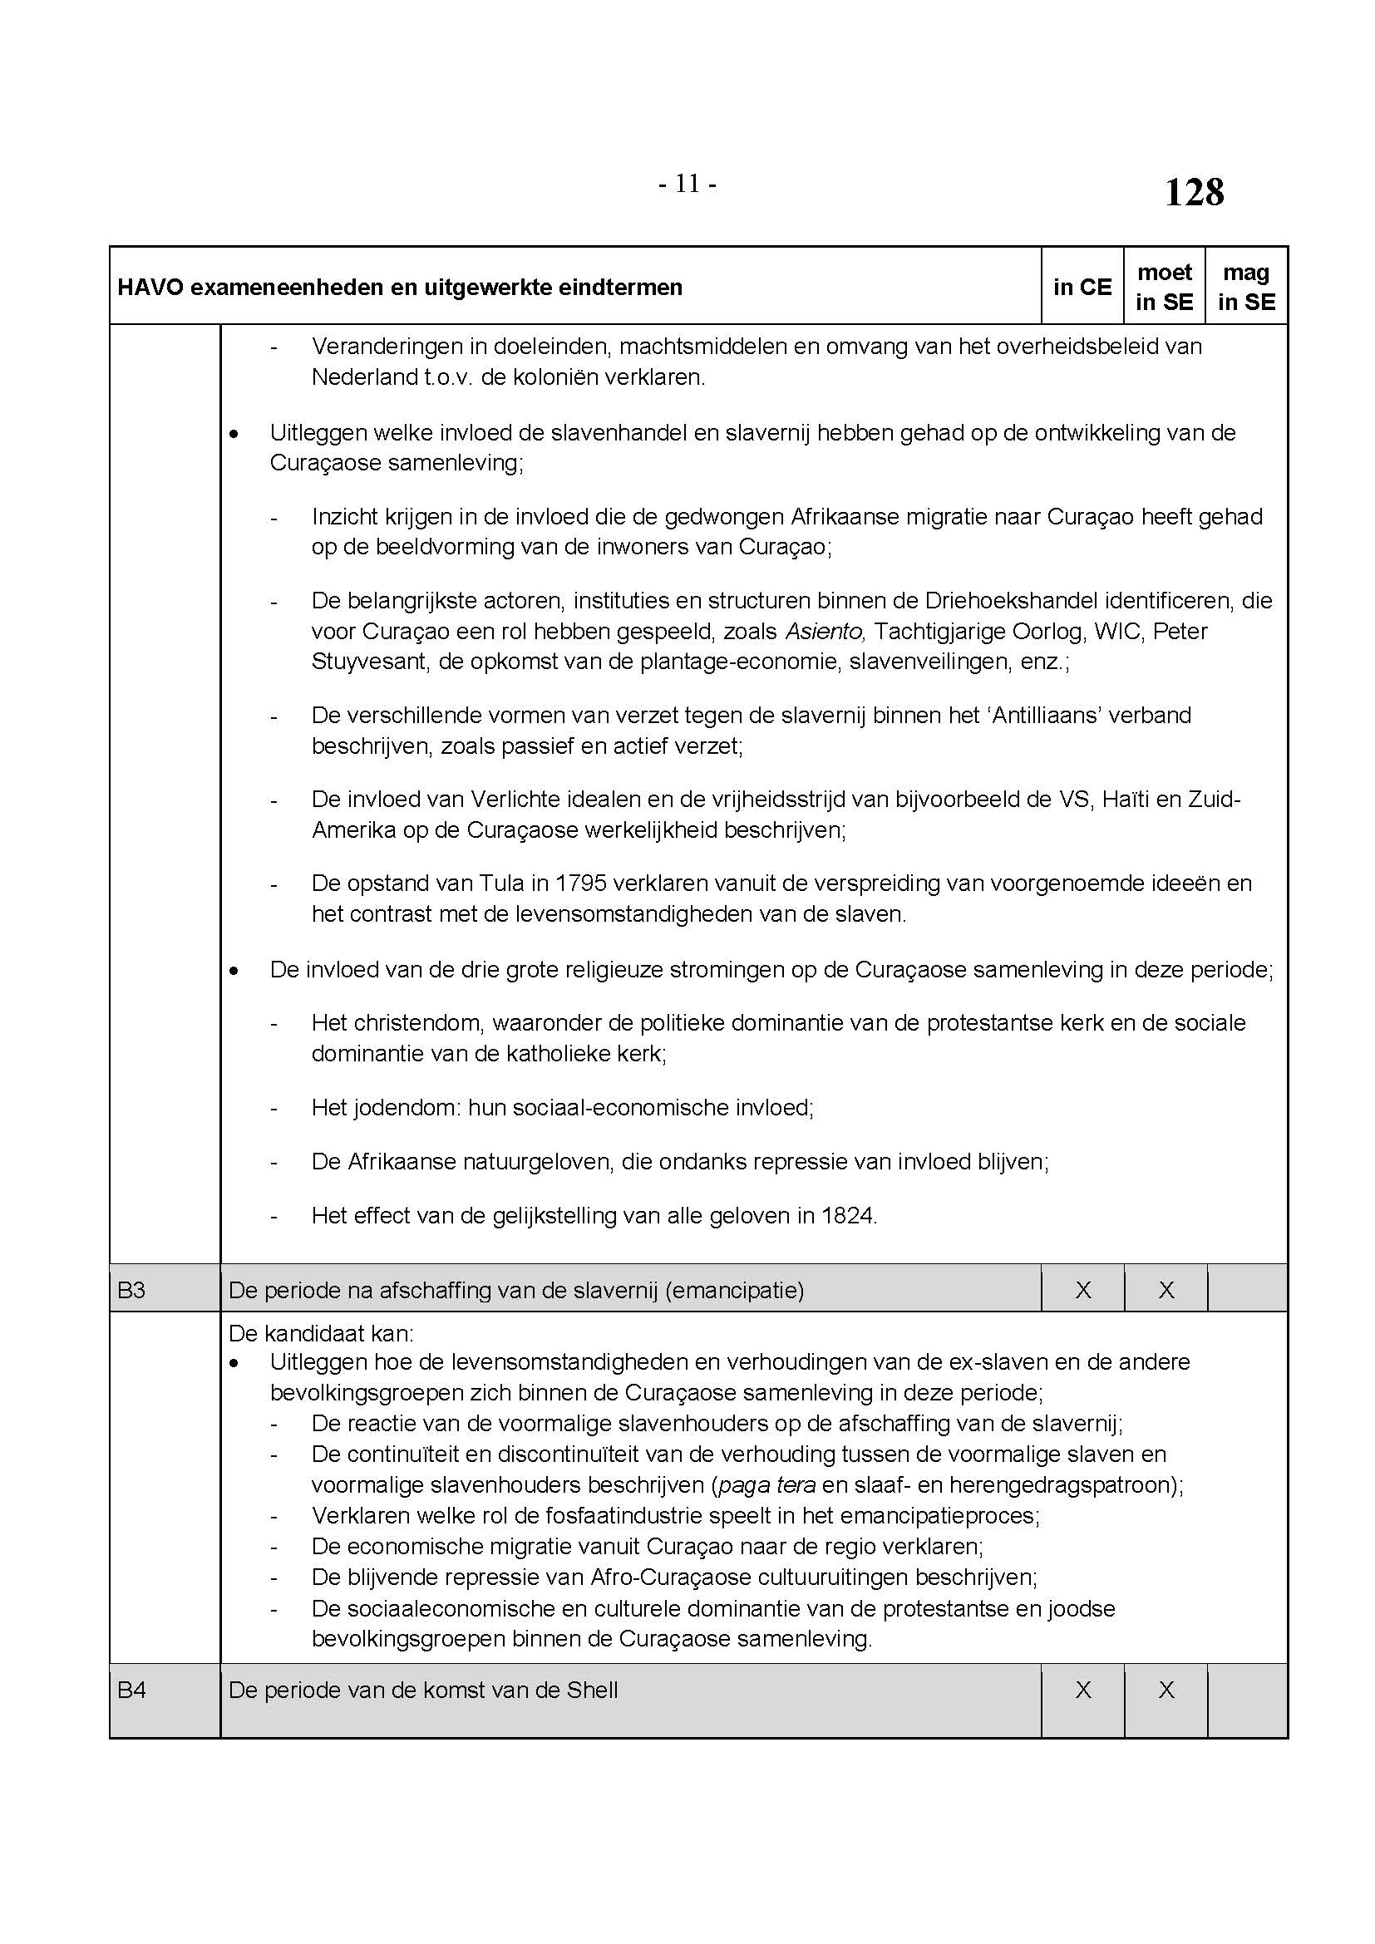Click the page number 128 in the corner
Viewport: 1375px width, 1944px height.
1194,193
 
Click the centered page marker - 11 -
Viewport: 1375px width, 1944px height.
687,184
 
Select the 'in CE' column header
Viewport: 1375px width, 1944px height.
1082,287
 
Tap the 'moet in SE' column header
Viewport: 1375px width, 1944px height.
1164,287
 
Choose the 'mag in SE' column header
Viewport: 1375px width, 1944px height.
1246,287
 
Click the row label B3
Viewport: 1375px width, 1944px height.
132,1291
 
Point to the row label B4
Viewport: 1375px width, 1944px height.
132,1690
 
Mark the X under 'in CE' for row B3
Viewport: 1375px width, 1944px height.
1083,1291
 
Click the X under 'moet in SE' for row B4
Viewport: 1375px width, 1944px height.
1166,1690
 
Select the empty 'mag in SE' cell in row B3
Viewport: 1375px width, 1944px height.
1247,1291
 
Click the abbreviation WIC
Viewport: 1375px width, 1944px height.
1116,632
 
